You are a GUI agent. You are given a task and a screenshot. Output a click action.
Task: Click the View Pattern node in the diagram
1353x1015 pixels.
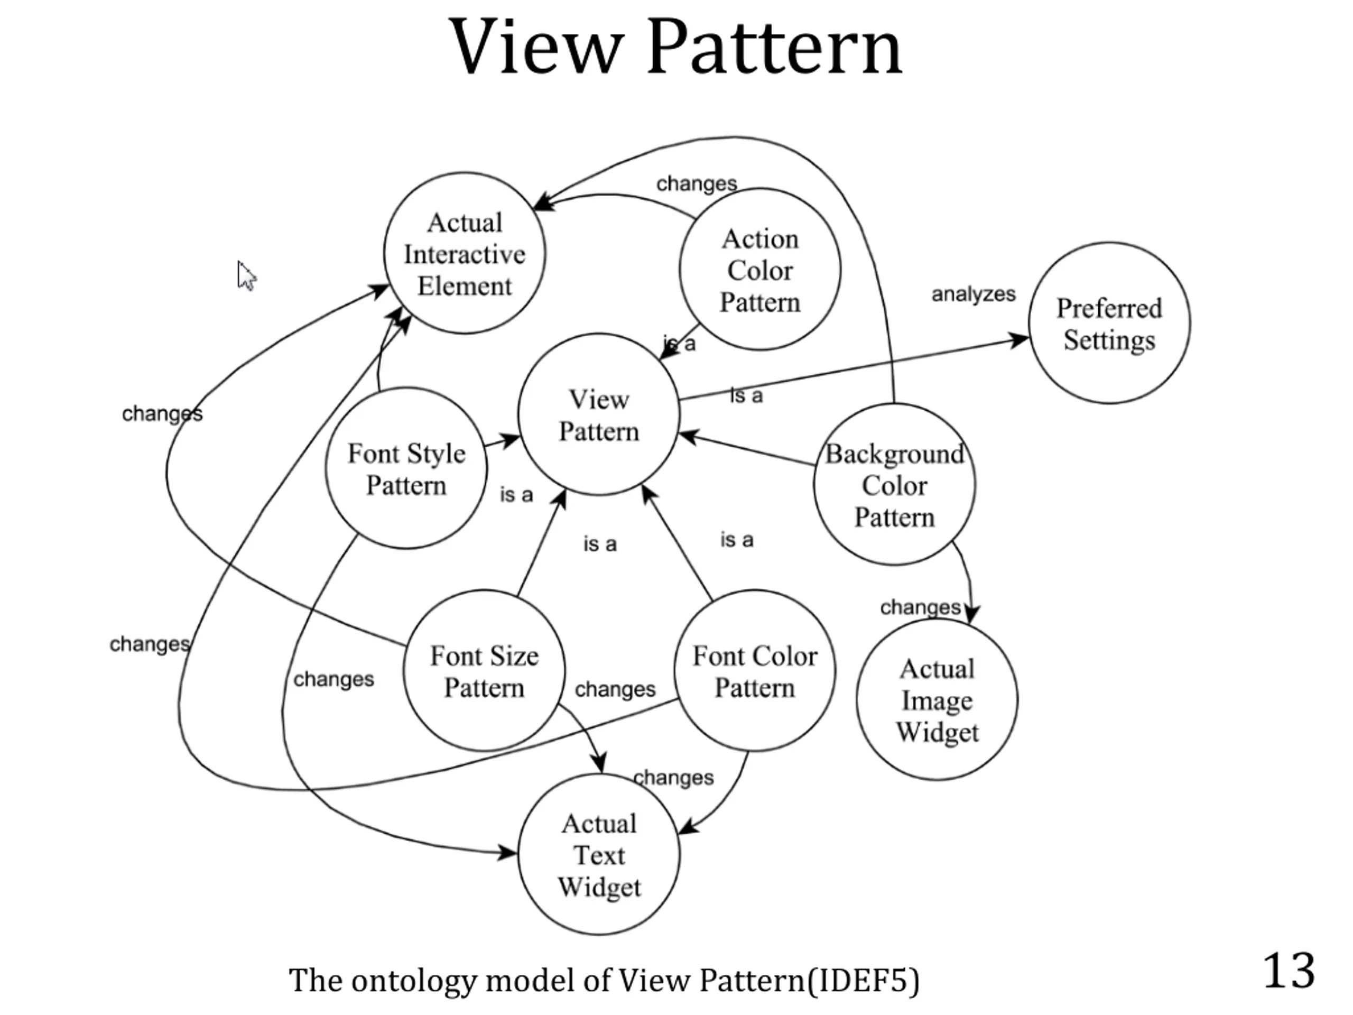[x=598, y=415]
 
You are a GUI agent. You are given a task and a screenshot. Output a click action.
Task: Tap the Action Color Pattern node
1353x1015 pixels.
[x=759, y=270]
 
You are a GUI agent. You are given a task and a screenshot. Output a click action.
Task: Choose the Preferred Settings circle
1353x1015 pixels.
[x=1109, y=323]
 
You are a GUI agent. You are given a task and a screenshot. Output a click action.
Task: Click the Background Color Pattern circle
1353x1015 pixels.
[x=894, y=485]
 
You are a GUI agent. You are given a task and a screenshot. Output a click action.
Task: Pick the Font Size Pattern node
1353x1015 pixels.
[x=484, y=671]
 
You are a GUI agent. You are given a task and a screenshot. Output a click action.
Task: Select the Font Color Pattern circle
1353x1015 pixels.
[x=755, y=671]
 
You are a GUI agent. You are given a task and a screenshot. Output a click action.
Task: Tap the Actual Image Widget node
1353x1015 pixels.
[x=937, y=700]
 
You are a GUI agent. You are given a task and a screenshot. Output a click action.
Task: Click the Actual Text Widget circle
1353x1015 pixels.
[x=599, y=855]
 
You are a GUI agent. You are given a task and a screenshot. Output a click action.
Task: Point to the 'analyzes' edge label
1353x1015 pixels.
[x=973, y=294]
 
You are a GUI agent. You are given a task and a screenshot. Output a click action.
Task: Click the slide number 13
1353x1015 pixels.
[x=1288, y=971]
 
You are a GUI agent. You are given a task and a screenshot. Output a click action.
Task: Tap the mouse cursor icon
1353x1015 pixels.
[x=246, y=276]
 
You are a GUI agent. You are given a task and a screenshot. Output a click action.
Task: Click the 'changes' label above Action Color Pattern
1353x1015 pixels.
[x=696, y=183]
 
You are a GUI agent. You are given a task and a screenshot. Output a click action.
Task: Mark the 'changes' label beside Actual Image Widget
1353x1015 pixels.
[x=920, y=607]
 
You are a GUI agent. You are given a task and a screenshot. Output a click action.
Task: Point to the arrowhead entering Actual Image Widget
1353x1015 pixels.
[x=971, y=613]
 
